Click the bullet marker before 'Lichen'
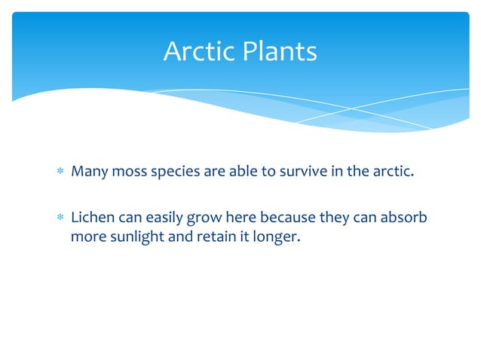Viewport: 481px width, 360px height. (61, 218)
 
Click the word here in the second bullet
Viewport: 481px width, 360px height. (231, 218)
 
